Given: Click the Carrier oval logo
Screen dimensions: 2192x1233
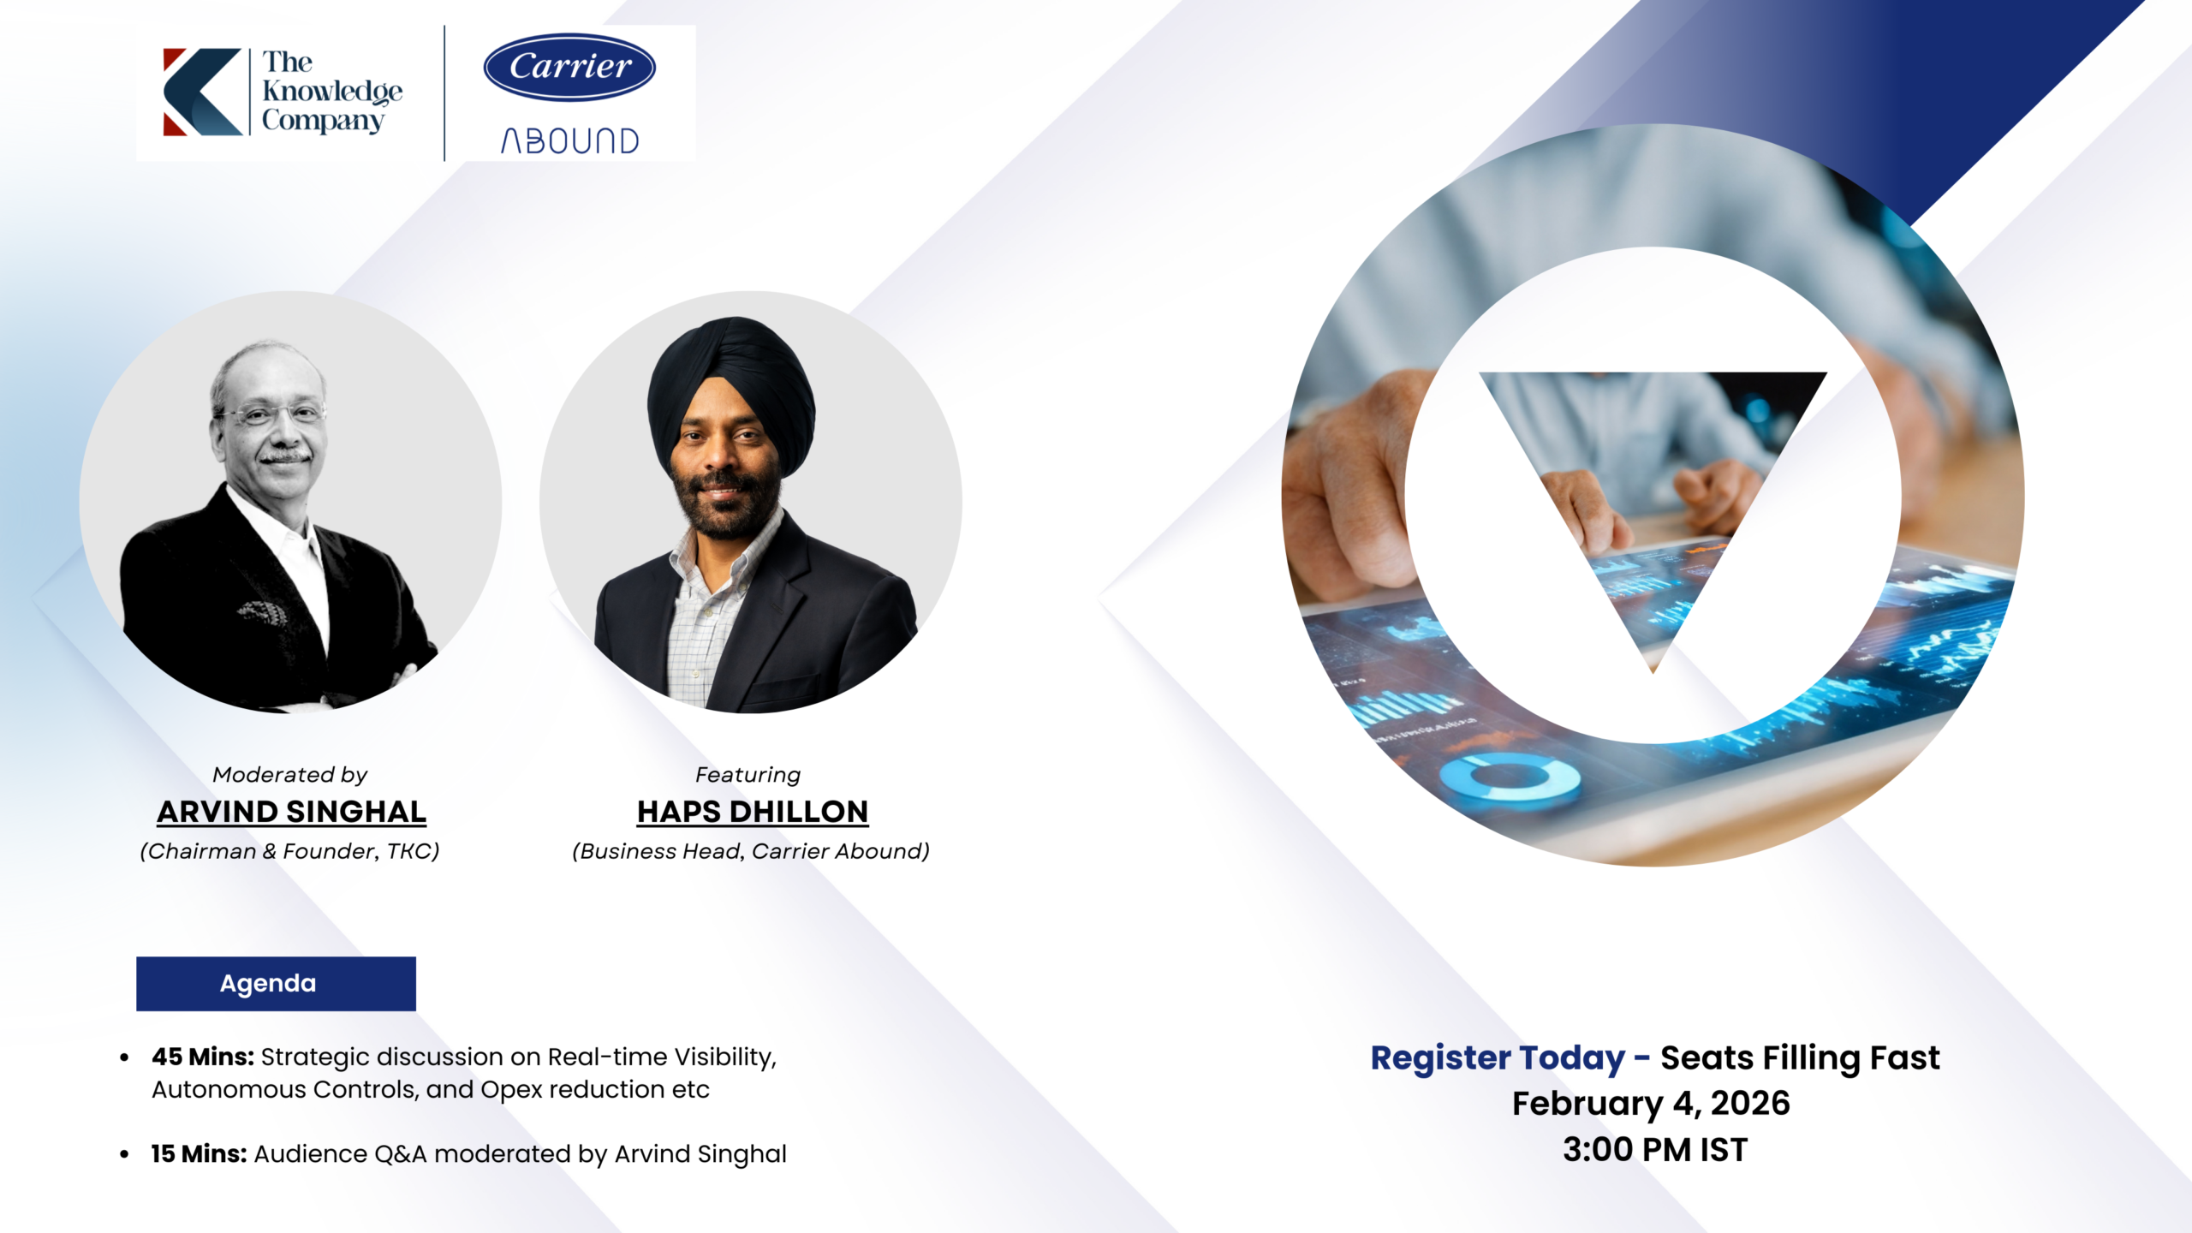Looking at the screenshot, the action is [569, 67].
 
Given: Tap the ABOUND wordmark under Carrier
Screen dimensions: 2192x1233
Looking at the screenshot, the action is [570, 141].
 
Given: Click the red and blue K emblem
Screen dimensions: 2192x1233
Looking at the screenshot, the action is [202, 92].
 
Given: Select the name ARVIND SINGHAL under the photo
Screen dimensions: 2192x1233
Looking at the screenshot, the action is [291, 812].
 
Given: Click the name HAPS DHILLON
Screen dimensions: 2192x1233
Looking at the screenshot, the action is [753, 812].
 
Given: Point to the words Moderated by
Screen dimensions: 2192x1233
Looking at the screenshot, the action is [290, 775].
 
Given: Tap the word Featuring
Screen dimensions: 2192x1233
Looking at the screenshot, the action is [748, 775].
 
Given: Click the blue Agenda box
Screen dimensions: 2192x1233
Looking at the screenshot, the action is [276, 984].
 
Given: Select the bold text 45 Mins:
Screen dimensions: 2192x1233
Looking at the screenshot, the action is [203, 1057].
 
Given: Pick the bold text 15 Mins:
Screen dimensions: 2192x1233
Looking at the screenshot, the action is [200, 1154].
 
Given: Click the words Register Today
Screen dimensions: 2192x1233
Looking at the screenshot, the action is [1498, 1058].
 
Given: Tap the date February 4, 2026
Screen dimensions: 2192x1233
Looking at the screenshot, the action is [1651, 1104].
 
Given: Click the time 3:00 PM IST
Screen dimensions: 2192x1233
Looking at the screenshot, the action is [1655, 1150].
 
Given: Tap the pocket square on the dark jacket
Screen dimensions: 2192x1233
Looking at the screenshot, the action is [262, 613].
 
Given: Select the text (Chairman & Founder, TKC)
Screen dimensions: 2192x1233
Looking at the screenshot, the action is [290, 851].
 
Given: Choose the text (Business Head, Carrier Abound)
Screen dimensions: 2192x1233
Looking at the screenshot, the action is [751, 851].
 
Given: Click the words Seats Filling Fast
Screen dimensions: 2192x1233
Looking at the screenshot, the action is [1800, 1058].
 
